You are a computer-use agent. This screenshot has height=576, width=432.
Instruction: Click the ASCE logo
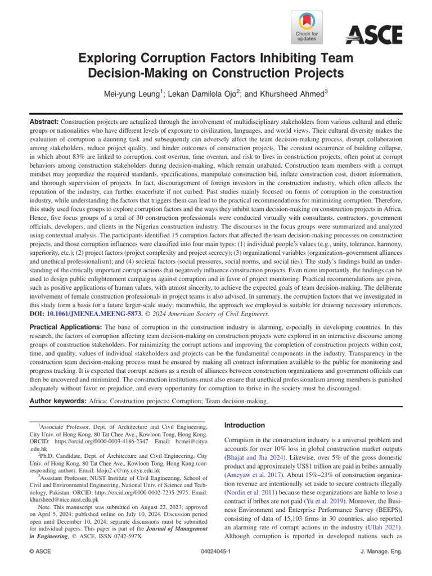[373, 35]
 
